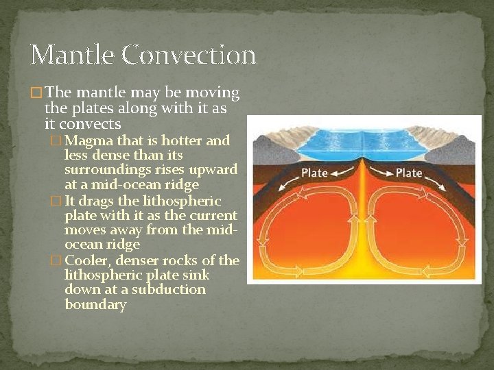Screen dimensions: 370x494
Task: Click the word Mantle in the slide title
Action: pos(71,54)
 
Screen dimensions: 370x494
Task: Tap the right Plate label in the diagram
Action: pos(409,172)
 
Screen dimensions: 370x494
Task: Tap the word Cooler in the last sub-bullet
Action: pos(87,260)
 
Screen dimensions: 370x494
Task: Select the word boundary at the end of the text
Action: pos(95,304)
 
